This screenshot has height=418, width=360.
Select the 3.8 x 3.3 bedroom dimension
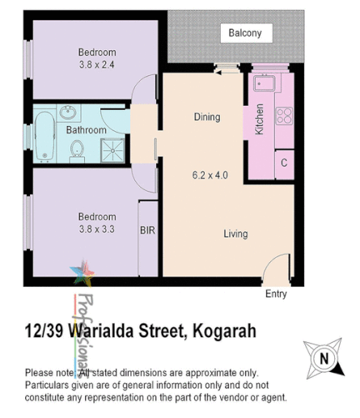tap(96, 229)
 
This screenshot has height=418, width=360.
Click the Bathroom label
tap(86, 130)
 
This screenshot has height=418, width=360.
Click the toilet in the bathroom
tap(78, 149)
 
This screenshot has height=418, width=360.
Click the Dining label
tap(206, 117)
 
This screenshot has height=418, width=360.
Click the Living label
tap(235, 234)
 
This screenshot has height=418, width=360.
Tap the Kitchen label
tap(260, 119)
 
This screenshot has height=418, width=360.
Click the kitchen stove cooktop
tap(283, 116)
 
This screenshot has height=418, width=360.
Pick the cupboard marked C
tap(284, 163)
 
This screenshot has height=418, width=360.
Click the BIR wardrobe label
tap(148, 230)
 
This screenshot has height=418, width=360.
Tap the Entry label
tap(276, 294)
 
